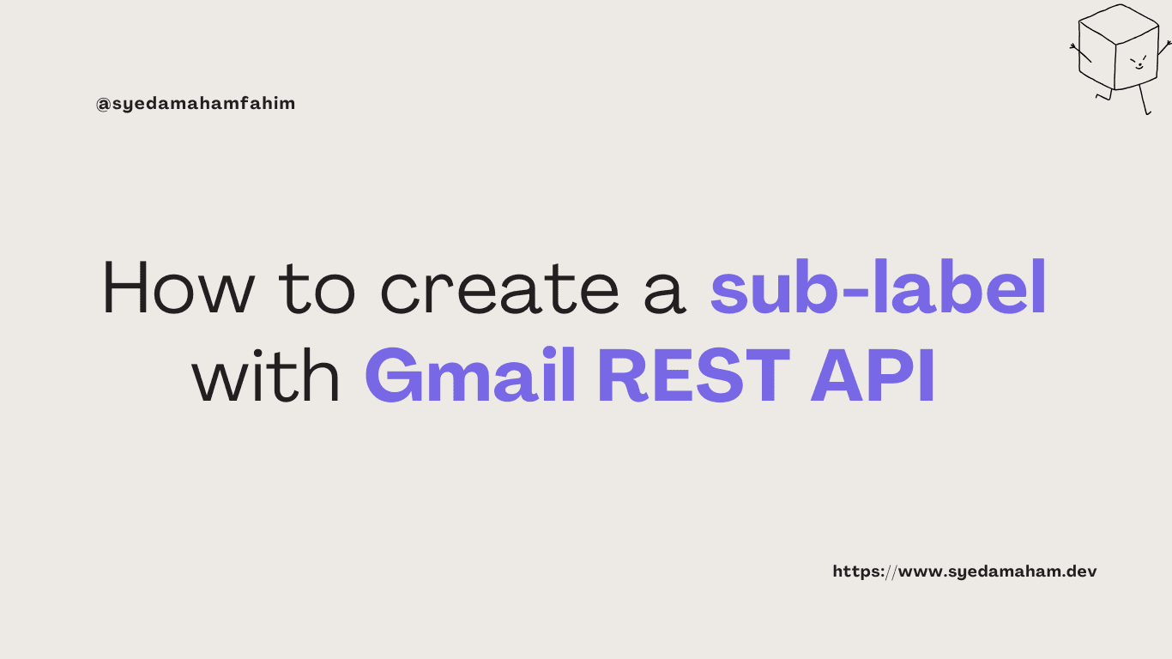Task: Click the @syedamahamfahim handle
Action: coord(196,104)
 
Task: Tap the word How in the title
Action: coord(178,287)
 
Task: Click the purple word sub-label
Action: coord(878,287)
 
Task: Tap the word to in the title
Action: coord(317,289)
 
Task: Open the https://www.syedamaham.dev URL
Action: coord(964,571)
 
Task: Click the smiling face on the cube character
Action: coord(1138,62)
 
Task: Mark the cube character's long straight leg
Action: coord(1143,100)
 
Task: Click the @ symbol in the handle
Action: coord(103,105)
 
